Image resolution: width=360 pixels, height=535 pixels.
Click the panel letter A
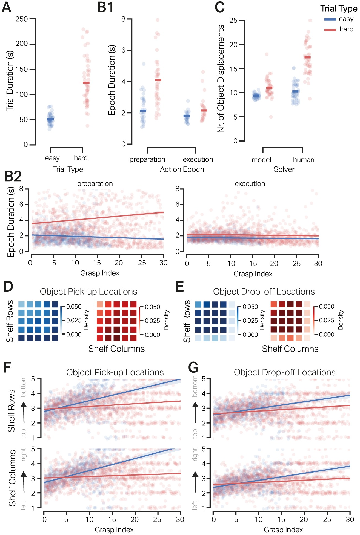[x=7, y=7]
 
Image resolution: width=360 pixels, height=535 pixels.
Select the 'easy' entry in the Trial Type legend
[x=346, y=19]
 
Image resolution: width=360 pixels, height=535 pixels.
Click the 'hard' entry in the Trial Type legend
[x=346, y=29]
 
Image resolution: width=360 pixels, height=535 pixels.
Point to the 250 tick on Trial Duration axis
[x=22, y=19]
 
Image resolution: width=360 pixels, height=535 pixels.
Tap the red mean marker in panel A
[x=86, y=83]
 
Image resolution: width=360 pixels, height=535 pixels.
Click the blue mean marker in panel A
[x=50, y=119]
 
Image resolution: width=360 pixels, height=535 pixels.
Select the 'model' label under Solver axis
[x=261, y=160]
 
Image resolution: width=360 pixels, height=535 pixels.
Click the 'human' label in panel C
[x=304, y=160]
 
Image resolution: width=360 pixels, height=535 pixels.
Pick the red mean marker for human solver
[x=307, y=57]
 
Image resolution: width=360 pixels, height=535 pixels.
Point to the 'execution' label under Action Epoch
[x=198, y=159]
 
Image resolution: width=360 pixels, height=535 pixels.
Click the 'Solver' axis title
[x=284, y=169]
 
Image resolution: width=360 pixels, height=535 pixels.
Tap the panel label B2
[x=13, y=177]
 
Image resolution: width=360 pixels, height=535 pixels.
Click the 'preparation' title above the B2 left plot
[x=95, y=184]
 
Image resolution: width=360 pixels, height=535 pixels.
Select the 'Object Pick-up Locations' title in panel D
[x=88, y=292]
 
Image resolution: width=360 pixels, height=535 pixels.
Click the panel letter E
[x=179, y=287]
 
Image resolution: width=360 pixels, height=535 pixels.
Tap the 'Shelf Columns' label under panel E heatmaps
[x=290, y=349]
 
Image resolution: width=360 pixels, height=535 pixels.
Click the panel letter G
[x=193, y=367]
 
